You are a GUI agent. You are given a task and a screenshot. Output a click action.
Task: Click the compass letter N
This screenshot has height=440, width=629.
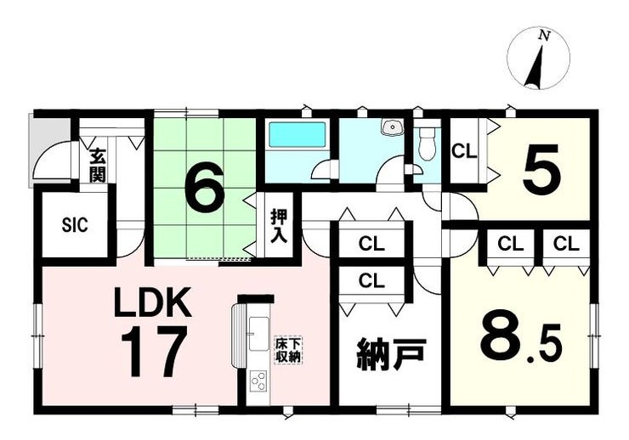pyautogui.click(x=544, y=36)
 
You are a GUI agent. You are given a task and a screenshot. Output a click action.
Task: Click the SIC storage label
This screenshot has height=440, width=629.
pyautogui.click(x=75, y=225)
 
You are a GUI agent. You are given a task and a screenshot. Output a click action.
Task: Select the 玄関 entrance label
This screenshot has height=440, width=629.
pyautogui.click(x=97, y=165)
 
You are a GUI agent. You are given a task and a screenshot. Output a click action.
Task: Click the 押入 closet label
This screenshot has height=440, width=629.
pyautogui.click(x=279, y=226)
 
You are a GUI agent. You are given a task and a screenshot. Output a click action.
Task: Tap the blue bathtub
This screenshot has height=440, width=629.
pyautogui.click(x=297, y=134)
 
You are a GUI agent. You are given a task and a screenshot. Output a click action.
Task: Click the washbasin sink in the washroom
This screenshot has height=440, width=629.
pyautogui.click(x=390, y=128)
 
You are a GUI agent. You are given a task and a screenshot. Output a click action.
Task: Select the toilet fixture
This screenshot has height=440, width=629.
pyautogui.click(x=426, y=144)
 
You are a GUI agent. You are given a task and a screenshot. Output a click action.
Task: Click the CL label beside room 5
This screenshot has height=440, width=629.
pyautogui.click(x=464, y=151)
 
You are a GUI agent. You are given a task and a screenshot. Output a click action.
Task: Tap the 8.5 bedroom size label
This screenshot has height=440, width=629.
pyautogui.click(x=520, y=340)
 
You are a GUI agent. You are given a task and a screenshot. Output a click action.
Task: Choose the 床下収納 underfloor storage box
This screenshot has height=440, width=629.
pyautogui.click(x=288, y=350)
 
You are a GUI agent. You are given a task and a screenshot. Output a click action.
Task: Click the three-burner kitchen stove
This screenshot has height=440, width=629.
pyautogui.click(x=258, y=381)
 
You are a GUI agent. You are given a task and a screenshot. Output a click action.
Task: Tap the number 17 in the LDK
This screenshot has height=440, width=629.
pyautogui.click(x=154, y=352)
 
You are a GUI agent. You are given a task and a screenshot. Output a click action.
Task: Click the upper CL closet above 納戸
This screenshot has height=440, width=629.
pyautogui.click(x=371, y=244)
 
